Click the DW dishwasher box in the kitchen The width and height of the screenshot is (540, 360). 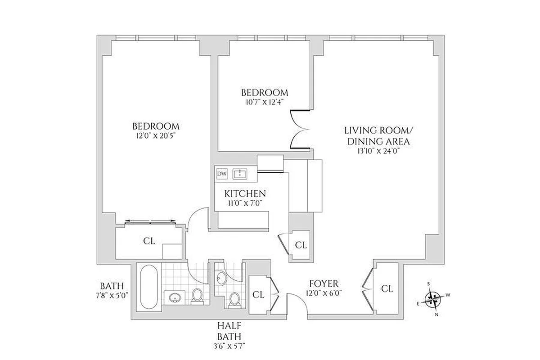(222, 174)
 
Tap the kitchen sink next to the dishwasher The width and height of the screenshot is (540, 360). (240, 174)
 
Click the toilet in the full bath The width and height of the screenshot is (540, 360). (197, 296)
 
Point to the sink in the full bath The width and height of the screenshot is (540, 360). (175, 297)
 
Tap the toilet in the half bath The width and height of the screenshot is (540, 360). (234, 299)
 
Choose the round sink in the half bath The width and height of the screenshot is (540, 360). (221, 279)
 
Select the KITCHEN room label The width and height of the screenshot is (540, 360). (245, 193)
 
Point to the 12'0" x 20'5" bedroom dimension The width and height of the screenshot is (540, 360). (155, 135)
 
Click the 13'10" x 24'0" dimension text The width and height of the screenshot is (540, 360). (377, 151)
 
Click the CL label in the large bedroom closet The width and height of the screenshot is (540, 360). (149, 241)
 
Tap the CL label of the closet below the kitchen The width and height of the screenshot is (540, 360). (301, 245)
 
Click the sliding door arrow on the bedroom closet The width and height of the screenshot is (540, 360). (150, 221)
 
